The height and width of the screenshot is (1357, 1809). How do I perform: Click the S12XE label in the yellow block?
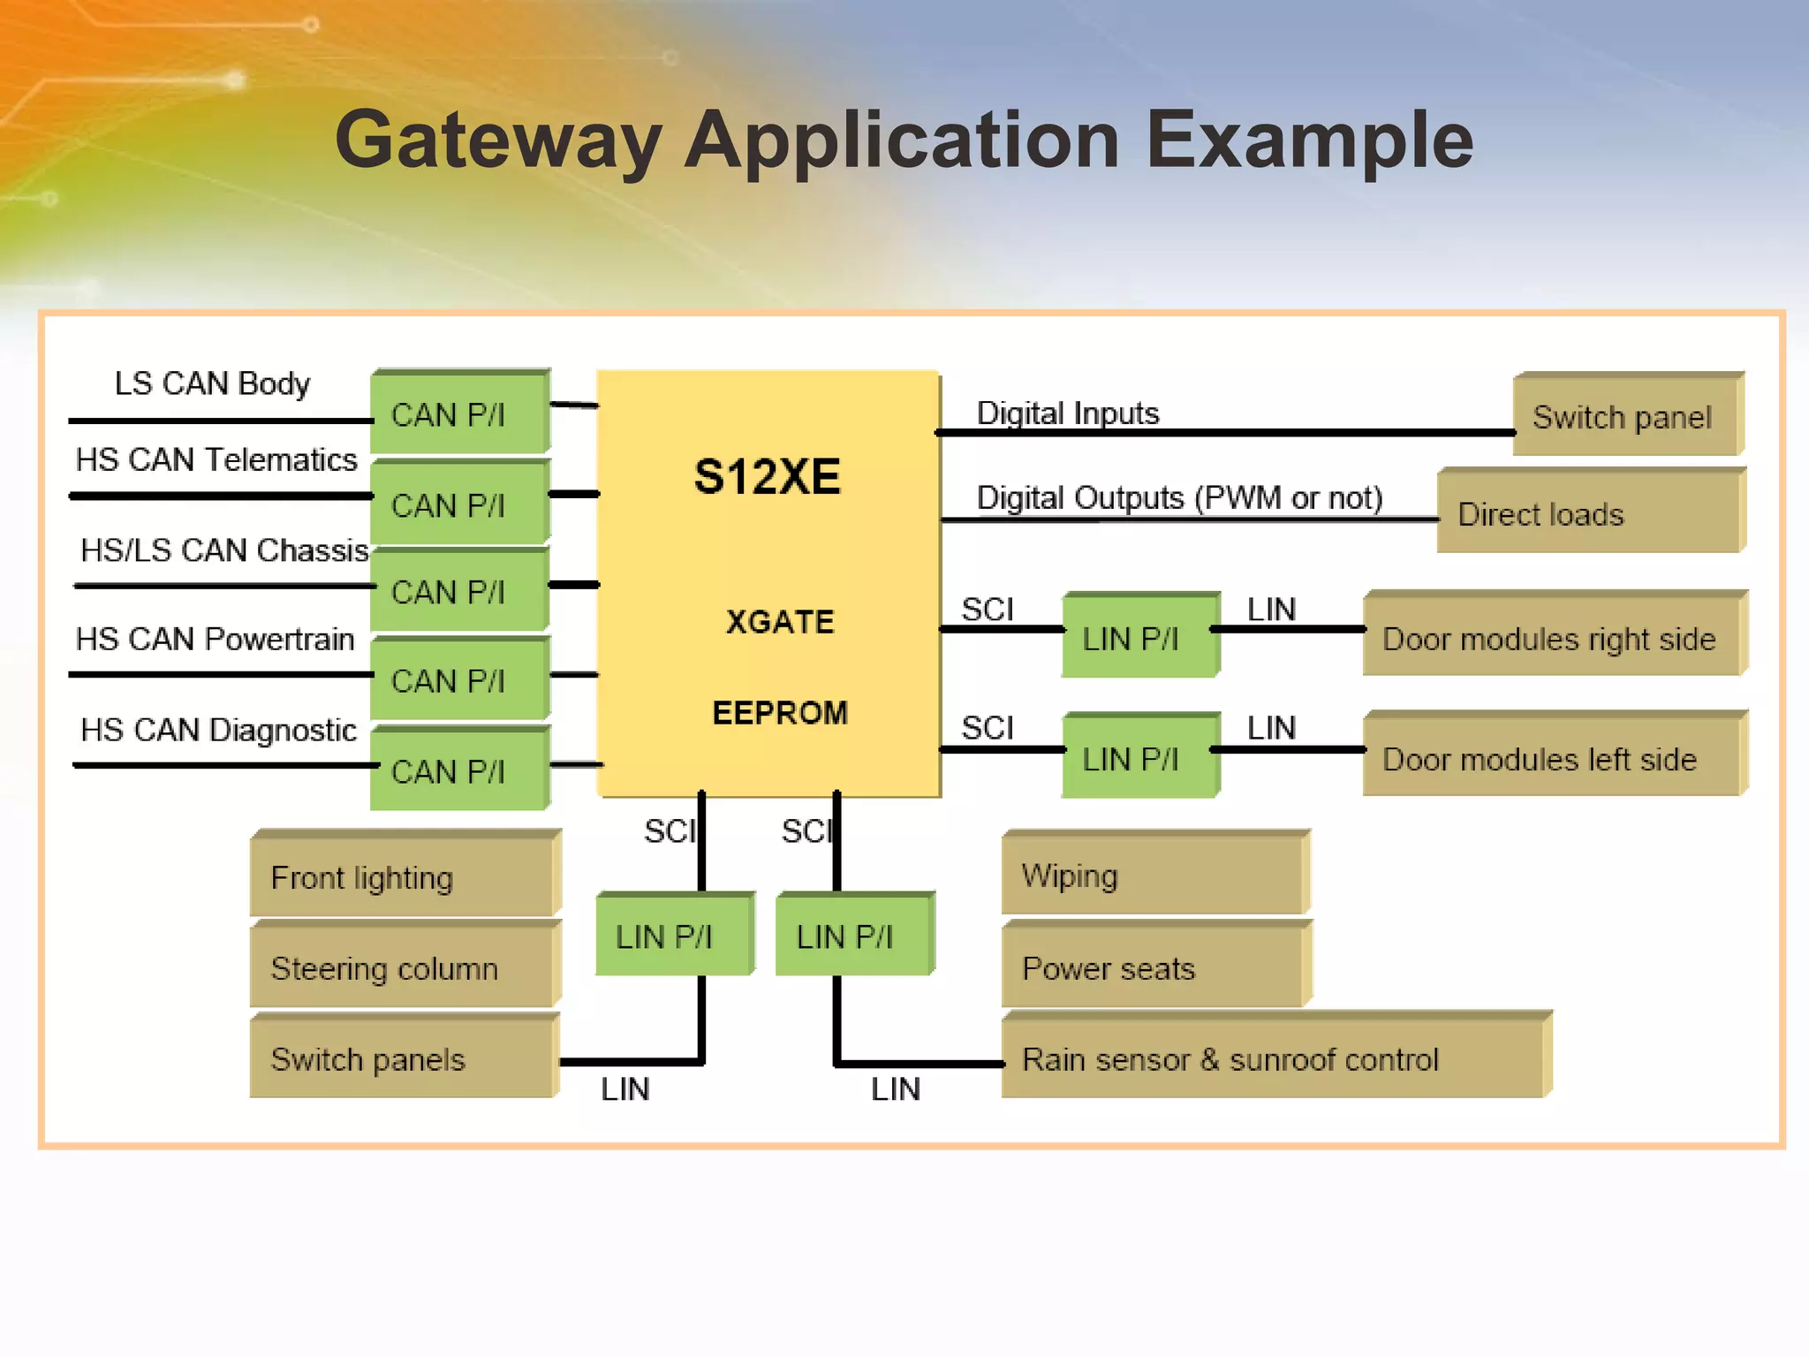(767, 477)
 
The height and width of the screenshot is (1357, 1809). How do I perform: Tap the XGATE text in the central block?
(780, 622)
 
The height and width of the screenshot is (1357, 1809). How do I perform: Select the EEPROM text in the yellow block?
(780, 713)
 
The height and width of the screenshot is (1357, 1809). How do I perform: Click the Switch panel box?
(1626, 416)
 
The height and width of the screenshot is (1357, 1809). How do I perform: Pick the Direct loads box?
(1590, 513)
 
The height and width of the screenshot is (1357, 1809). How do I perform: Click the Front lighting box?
(404, 876)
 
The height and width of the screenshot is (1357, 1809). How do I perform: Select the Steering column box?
(404, 967)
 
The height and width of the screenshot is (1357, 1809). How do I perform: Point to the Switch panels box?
(404, 1058)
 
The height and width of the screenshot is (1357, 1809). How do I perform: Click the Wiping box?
(1154, 876)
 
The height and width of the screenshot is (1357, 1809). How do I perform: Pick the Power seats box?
(1154, 967)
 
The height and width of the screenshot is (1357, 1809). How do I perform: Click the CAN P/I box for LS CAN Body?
(459, 413)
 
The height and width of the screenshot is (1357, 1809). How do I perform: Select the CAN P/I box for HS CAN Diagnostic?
(459, 770)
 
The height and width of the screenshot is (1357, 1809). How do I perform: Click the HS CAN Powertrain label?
(215, 639)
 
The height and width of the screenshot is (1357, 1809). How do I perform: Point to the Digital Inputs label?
(1067, 413)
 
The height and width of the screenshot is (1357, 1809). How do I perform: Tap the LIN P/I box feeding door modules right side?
(1139, 637)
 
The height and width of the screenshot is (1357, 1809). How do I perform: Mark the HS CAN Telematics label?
(216, 459)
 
